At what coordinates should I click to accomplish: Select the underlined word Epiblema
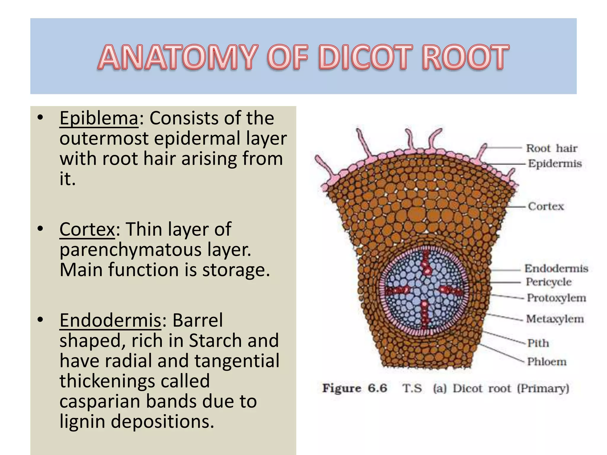99,118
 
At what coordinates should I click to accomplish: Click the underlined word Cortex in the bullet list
87,229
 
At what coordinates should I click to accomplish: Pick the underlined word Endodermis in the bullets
111,321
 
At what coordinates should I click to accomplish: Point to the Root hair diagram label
552,148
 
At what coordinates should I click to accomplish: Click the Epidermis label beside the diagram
555,164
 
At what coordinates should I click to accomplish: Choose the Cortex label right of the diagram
546,206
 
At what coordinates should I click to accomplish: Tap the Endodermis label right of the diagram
556,268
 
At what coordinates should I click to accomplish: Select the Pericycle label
549,282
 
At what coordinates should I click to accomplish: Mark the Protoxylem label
556,298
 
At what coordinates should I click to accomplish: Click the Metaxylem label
555,319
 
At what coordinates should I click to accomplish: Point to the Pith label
538,343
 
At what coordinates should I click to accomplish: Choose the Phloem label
547,362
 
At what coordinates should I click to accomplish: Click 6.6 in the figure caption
377,388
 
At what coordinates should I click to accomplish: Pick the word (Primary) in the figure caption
543,388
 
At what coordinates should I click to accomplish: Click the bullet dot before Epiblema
41,118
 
